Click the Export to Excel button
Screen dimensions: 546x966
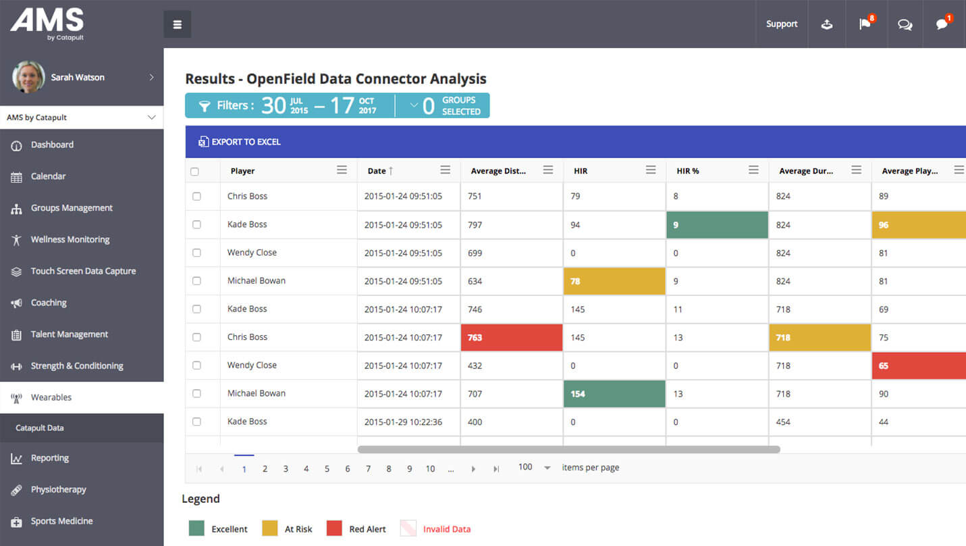(x=240, y=142)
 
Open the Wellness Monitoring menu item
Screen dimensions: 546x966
(x=70, y=239)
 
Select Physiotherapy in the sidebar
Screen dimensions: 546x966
(x=58, y=489)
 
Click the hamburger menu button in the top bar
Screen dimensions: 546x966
(x=178, y=24)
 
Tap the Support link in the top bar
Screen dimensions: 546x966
(x=782, y=24)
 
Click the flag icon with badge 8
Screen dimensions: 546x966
(x=865, y=24)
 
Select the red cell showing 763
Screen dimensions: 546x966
(x=511, y=337)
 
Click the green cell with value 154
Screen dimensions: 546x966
(x=614, y=394)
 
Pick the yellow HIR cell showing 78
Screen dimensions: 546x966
(x=614, y=281)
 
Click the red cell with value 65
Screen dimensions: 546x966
(x=918, y=366)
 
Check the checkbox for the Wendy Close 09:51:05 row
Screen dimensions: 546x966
(x=196, y=253)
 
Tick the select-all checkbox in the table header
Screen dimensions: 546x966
(x=194, y=172)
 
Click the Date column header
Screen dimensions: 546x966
(x=377, y=171)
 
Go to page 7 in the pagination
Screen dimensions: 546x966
(x=368, y=468)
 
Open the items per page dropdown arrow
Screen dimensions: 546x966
(x=547, y=468)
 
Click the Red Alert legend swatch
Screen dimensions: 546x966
(x=334, y=528)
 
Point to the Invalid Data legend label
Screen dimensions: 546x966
(x=447, y=529)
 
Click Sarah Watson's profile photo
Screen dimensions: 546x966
(x=28, y=77)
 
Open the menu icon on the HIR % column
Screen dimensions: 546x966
(x=753, y=170)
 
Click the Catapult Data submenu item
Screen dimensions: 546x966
(x=40, y=428)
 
